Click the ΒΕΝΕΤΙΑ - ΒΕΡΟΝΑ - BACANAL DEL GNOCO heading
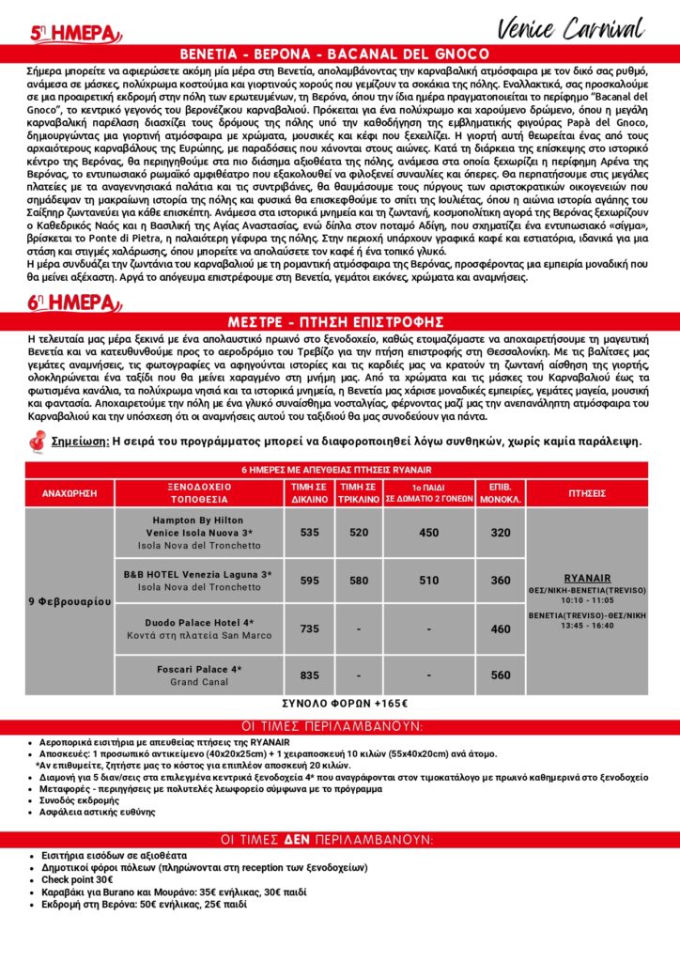pyautogui.click(x=340, y=54)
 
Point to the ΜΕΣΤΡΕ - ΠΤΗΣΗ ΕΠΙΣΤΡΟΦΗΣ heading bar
pyautogui.click(x=340, y=320)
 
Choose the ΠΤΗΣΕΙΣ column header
pyautogui.click(x=588, y=492)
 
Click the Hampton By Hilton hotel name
pyautogui.click(x=197, y=520)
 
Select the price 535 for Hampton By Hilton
pyautogui.click(x=310, y=533)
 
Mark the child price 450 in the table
pyautogui.click(x=429, y=533)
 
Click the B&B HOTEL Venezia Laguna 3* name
pyautogui.click(x=197, y=573)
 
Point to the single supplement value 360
pyautogui.click(x=501, y=581)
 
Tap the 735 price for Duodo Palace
pyautogui.click(x=310, y=628)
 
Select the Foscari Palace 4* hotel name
pyautogui.click(x=197, y=669)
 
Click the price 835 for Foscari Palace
pyautogui.click(x=310, y=675)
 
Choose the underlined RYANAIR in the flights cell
pyautogui.click(x=588, y=578)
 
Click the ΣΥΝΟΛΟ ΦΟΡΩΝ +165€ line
pyautogui.click(x=340, y=703)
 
